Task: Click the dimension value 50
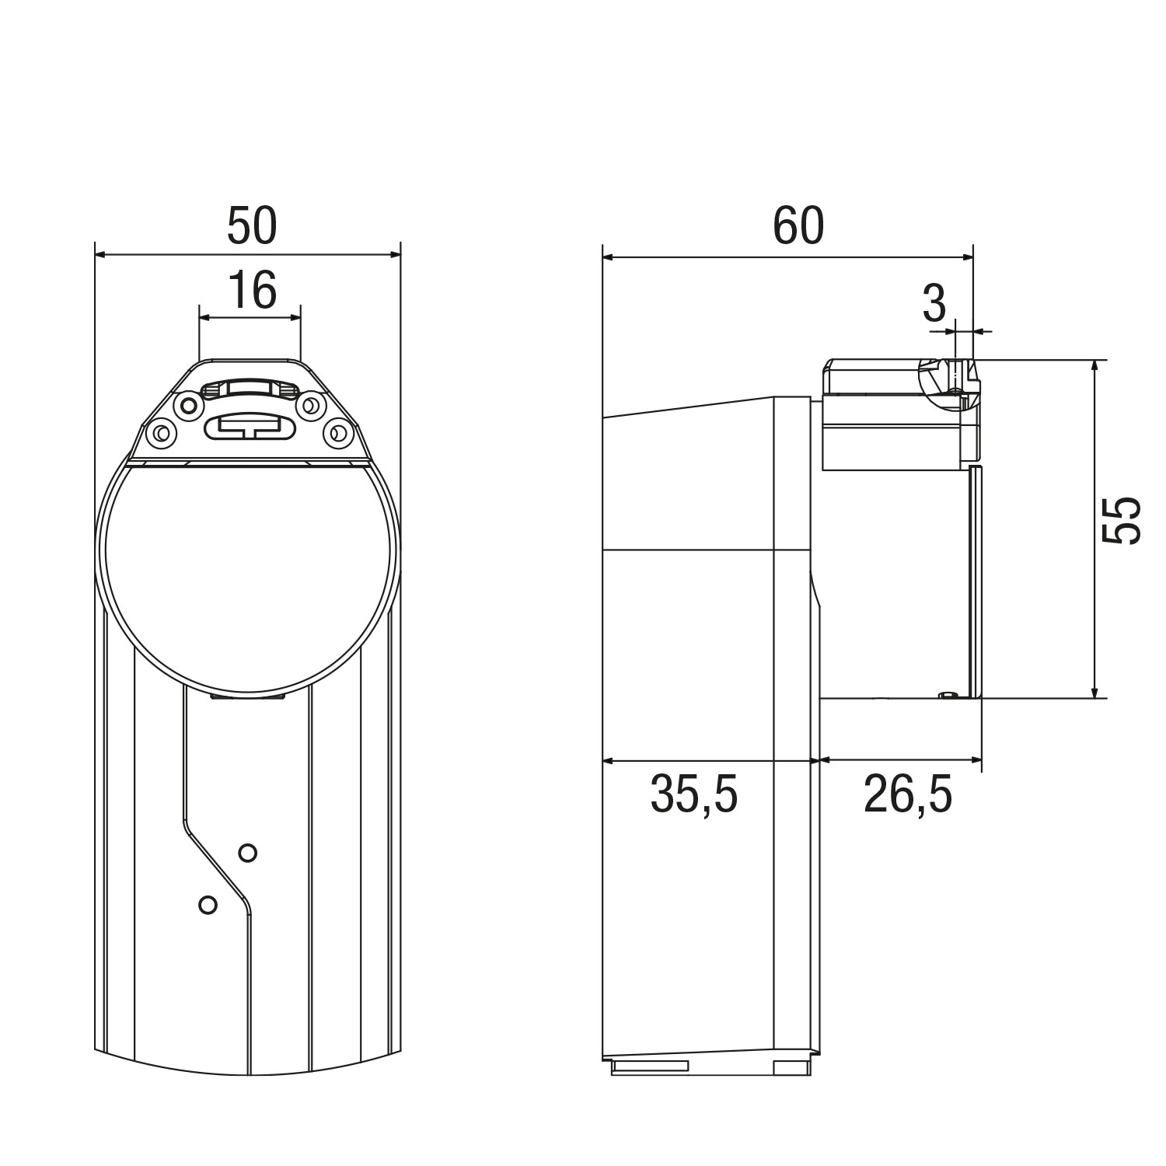pos(252,226)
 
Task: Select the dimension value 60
pos(798,226)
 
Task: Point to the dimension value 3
pos(934,303)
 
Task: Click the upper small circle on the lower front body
pos(247,853)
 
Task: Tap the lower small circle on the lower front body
pos(208,905)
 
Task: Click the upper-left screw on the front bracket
pos(186,404)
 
